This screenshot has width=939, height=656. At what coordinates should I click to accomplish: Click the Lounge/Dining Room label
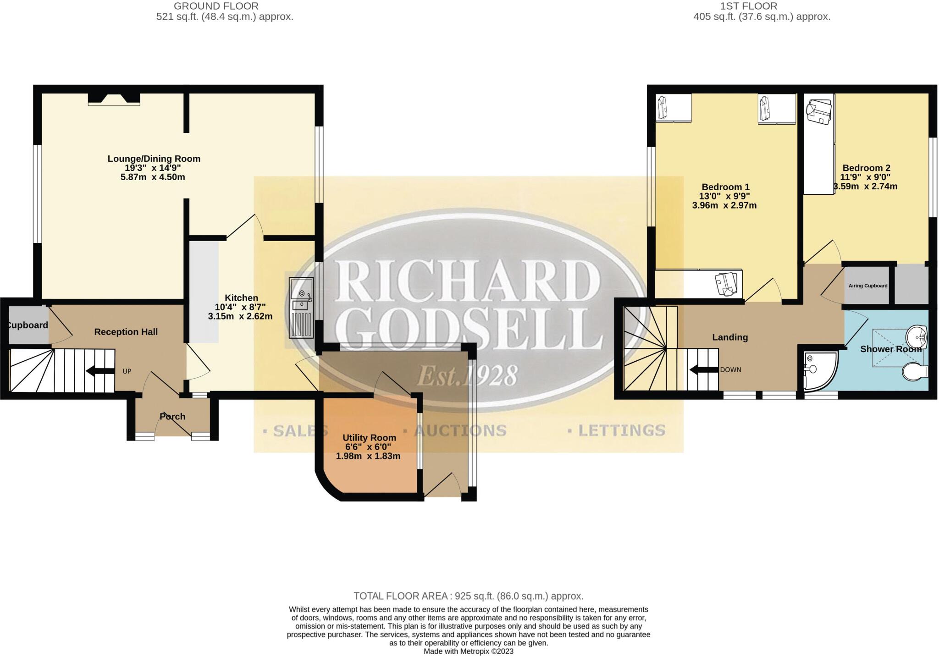pos(154,159)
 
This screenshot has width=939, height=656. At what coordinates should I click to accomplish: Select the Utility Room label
pos(369,438)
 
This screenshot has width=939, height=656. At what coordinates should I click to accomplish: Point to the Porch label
pos(172,417)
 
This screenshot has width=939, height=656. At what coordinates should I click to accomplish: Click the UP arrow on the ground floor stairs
pos(100,371)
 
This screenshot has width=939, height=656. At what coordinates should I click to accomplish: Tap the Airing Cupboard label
pos(868,286)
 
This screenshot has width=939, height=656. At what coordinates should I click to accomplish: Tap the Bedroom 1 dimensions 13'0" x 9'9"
pos(724,196)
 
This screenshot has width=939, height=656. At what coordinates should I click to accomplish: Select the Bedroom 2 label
pos(866,168)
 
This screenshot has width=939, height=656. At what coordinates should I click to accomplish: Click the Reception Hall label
pos(126,332)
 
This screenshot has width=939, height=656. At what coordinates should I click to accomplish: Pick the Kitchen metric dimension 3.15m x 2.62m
pos(240,316)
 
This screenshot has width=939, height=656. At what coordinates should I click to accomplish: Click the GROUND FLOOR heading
pos(216,6)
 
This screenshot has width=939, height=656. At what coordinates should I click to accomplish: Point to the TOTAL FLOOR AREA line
pos(468,596)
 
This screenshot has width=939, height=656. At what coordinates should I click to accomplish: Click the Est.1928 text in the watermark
pos(467,375)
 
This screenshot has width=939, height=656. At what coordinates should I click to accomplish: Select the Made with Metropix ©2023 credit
pos(468,651)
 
